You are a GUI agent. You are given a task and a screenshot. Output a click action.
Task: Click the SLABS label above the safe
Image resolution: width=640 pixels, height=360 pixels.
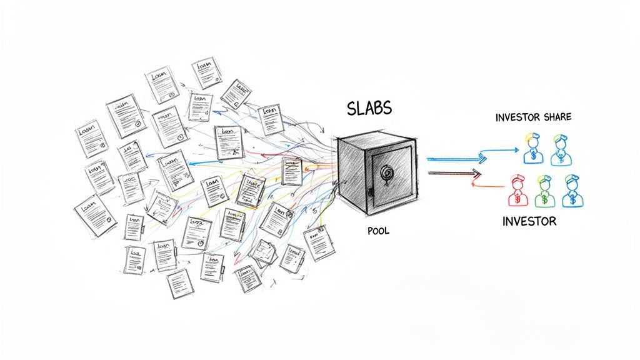click(369, 108)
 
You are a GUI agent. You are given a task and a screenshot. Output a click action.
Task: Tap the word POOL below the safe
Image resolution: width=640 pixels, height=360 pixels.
click(378, 231)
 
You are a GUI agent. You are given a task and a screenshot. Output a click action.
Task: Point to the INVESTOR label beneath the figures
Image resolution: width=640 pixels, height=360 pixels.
click(529, 221)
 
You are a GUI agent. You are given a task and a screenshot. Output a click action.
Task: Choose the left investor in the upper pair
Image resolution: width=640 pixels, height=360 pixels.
click(533, 149)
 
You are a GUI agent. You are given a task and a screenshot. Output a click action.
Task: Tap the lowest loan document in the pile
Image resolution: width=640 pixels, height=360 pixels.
click(177, 285)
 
